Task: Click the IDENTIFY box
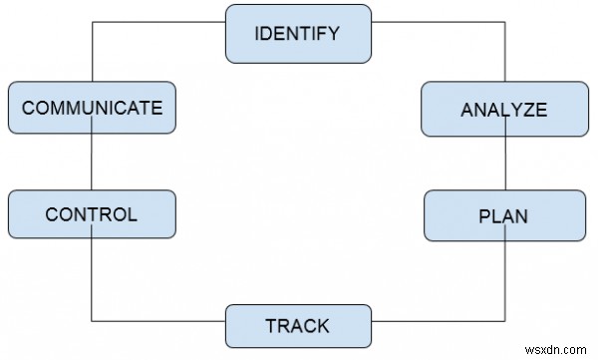point(298,33)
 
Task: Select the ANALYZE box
point(503,110)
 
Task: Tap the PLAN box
point(503,215)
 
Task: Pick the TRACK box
point(298,325)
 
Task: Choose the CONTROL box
point(92,214)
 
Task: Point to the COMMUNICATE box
point(92,107)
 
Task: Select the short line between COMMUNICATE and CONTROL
point(92,162)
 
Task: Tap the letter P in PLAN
point(484,215)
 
